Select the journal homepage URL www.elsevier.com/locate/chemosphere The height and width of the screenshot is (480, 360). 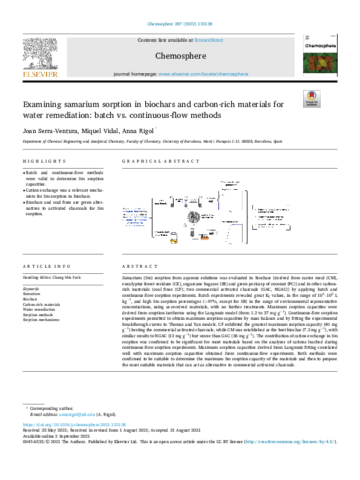pos(203,74)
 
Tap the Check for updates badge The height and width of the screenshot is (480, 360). pos(312,99)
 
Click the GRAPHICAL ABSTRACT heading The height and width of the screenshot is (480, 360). pos(160,161)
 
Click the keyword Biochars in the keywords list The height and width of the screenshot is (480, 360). pos(30,299)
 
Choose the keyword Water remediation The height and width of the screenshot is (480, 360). pos(39,308)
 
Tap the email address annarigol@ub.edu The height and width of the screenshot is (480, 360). pos(77,414)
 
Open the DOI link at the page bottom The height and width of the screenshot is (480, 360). pos(74,425)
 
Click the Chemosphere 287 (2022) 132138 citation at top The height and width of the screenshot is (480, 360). pos(180,24)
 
